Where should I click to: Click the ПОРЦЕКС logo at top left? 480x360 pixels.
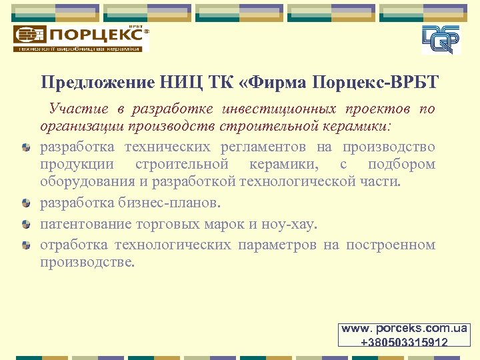80,38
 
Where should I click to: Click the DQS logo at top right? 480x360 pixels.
441,39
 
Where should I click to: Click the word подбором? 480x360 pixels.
401,164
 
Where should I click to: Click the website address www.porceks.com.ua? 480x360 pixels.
405,329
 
